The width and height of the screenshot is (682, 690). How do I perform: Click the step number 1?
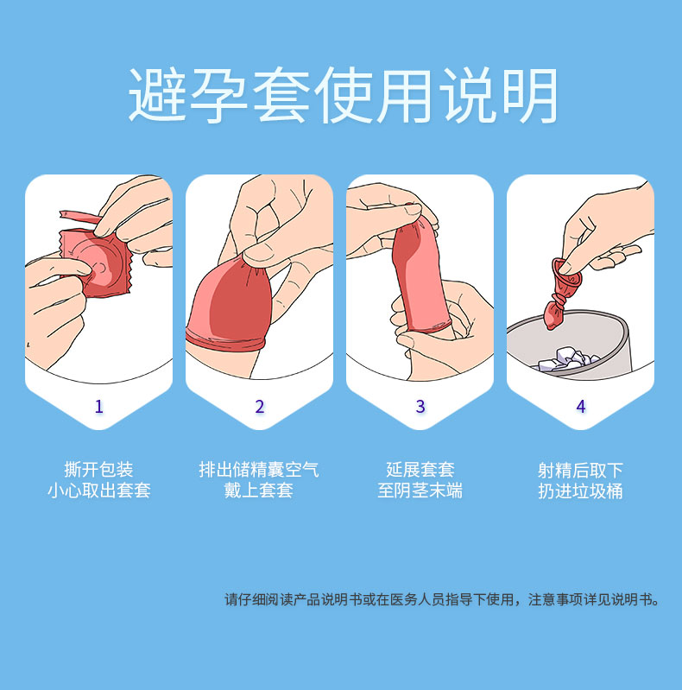coord(99,406)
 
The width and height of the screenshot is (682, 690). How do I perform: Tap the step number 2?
coord(260,406)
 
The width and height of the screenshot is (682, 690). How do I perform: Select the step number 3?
coord(420,406)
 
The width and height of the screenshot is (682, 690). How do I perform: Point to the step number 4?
coord(581,406)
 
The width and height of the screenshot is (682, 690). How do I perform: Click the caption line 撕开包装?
coord(98,470)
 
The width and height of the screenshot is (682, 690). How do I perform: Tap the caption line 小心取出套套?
coord(99,491)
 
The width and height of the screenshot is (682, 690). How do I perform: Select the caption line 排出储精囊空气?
coord(259,470)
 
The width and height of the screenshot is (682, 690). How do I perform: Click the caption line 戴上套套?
coord(259,491)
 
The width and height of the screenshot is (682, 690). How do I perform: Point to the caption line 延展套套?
coord(420,470)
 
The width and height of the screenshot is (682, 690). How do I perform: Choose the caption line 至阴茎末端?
coord(420,491)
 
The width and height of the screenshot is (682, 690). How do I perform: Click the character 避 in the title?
coord(157,95)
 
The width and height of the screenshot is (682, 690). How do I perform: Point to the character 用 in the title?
coord(405,95)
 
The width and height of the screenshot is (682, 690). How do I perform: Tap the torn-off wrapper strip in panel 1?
coord(80,217)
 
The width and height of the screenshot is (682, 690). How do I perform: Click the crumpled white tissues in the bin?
coord(565,359)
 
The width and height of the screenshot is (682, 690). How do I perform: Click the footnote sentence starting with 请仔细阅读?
coord(442,599)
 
